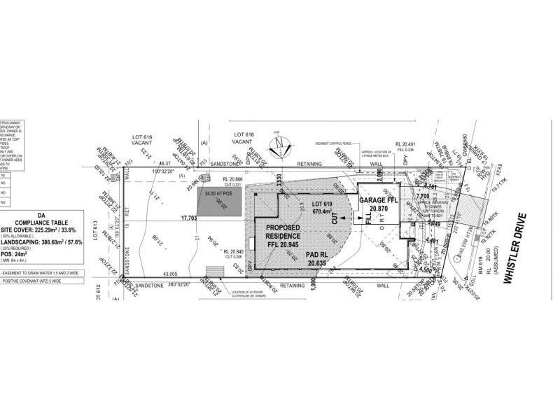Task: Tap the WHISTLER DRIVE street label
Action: tap(518, 240)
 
